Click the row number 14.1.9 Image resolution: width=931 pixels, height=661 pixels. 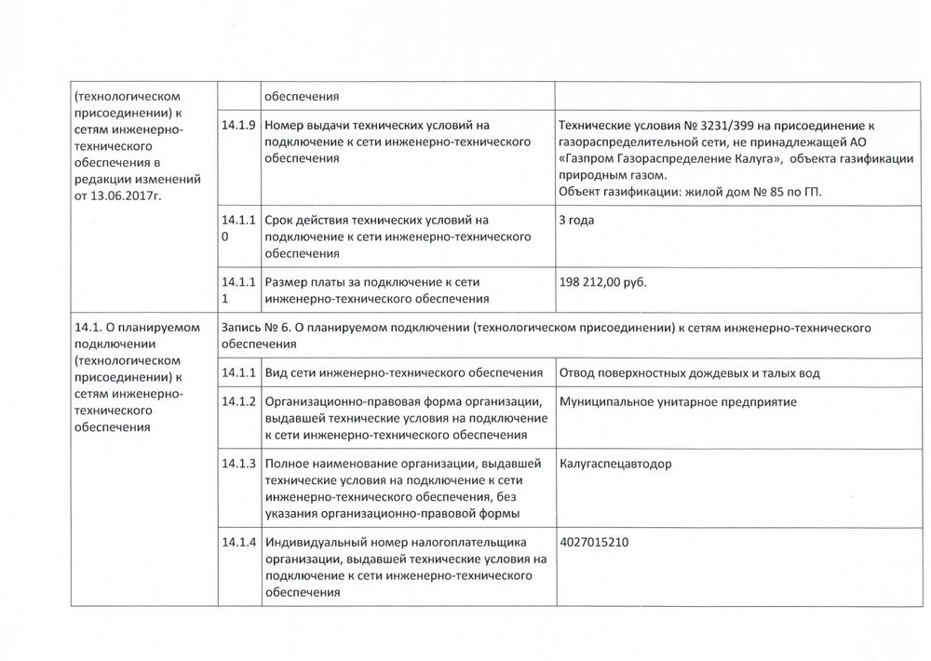click(x=237, y=125)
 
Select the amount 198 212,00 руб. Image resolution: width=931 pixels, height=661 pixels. click(x=601, y=282)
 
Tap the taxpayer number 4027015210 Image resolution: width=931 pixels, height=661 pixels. click(x=593, y=542)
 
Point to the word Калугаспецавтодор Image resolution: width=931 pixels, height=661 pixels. click(x=614, y=463)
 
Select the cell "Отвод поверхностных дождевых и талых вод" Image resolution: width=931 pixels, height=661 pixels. click(x=689, y=373)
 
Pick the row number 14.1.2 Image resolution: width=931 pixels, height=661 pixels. click(x=238, y=402)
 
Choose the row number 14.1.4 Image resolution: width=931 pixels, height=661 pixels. click(x=238, y=542)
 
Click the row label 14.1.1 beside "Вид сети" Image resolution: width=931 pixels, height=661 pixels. click(x=238, y=373)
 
